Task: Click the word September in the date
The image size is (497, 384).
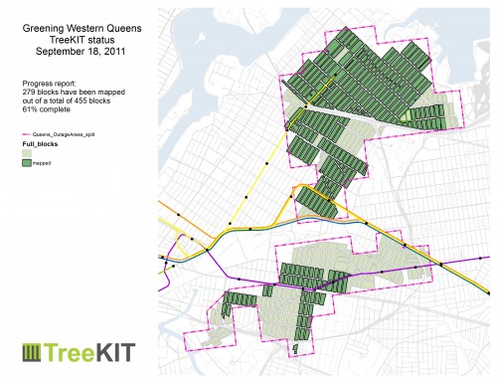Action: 63,47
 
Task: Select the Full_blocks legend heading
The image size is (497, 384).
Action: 39,145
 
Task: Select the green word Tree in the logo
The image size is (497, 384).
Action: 76,352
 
